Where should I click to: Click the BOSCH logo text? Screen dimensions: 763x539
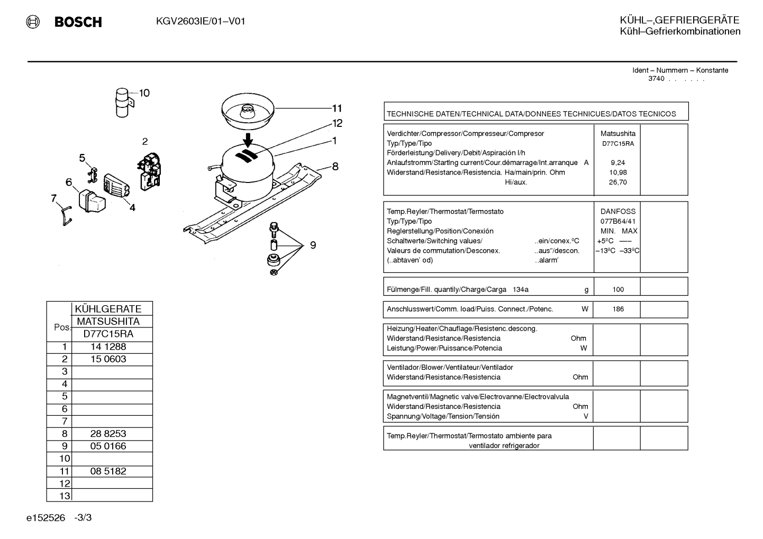[78, 22]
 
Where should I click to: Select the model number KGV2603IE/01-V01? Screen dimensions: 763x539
[201, 22]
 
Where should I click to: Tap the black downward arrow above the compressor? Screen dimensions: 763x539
[248, 140]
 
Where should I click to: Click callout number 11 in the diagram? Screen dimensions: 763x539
[337, 108]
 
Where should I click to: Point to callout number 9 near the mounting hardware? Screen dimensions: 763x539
[313, 245]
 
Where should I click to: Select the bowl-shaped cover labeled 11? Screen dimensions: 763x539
[248, 112]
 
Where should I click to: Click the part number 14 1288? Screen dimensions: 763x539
[108, 346]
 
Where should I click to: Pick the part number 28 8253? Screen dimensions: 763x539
[108, 434]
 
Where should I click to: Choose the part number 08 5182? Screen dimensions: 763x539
[108, 471]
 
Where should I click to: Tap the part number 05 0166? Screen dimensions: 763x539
[108, 446]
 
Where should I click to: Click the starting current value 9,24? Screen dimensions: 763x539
[618, 163]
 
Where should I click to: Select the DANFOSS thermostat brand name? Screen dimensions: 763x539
[618, 212]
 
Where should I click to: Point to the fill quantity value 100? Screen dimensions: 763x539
[618, 289]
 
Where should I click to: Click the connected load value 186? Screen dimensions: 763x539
[618, 309]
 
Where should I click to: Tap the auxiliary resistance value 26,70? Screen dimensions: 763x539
[618, 182]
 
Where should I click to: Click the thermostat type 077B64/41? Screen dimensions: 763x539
[618, 221]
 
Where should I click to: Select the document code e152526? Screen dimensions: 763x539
[46, 518]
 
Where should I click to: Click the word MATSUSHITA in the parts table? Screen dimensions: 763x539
[108, 322]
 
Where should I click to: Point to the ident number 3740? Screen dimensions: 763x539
[656, 79]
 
